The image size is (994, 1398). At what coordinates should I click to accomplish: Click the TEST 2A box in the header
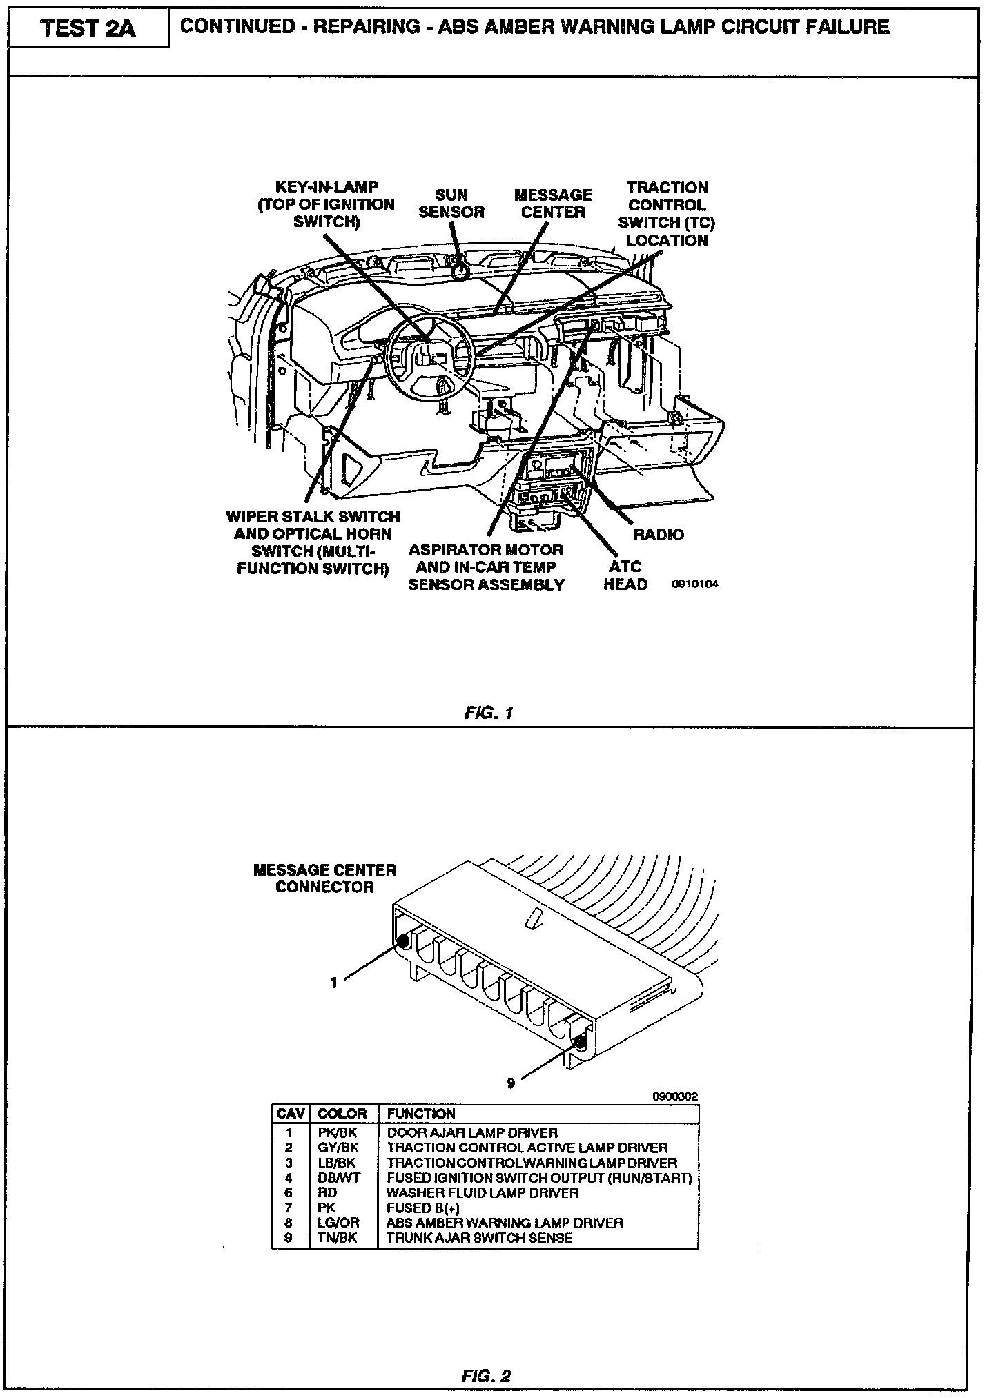point(88,28)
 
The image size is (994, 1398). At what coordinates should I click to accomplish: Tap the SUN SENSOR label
point(451,204)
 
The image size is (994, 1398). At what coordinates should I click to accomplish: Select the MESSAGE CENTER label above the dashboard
point(553,204)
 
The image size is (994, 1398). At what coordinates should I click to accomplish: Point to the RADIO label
point(659,534)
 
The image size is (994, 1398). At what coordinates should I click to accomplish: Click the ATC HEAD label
point(625,575)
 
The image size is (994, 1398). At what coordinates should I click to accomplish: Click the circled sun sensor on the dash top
point(459,272)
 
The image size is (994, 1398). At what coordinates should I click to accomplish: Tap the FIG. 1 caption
point(489,713)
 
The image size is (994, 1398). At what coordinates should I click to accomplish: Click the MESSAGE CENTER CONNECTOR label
point(324,878)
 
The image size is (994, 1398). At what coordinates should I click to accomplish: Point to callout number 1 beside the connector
point(334,983)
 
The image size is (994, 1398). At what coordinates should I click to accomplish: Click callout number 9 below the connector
point(511,1083)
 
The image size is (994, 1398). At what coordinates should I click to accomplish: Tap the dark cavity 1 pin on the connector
point(402,941)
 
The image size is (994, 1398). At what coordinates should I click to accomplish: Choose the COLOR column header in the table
point(342,1114)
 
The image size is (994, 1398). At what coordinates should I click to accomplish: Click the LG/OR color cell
point(338,1223)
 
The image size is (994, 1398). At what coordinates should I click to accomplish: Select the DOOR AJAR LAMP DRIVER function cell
point(472,1132)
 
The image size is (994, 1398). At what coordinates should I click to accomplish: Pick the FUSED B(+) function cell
point(423,1208)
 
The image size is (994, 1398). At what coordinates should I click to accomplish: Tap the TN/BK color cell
point(338,1238)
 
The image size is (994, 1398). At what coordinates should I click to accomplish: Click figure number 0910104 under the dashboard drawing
point(695,584)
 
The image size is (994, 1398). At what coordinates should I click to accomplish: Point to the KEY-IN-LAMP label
point(327,204)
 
